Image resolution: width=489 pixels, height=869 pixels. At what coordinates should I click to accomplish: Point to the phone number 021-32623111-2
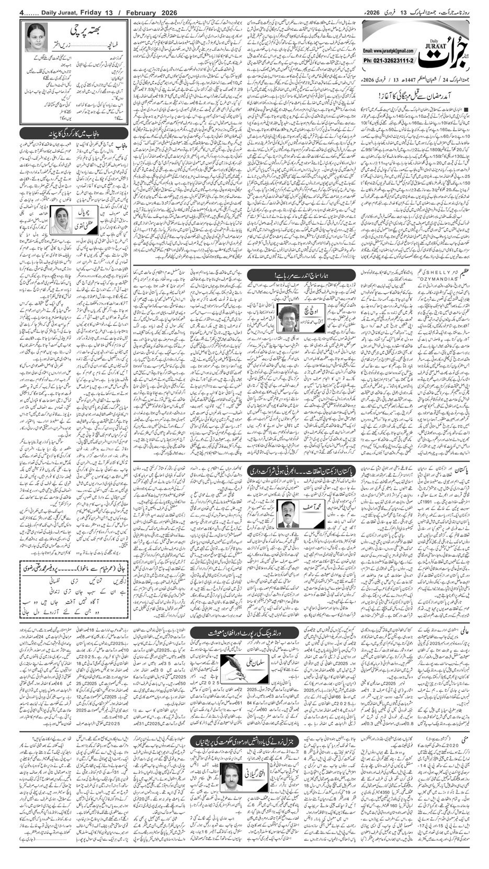(389, 61)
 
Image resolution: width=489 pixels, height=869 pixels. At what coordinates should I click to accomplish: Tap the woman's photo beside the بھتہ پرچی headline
(36, 37)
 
